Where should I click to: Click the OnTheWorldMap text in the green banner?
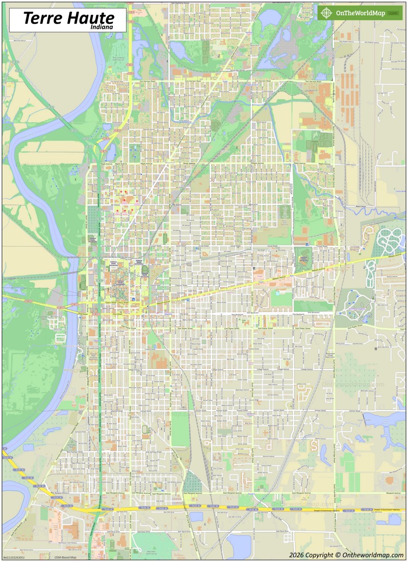click(x=360, y=13)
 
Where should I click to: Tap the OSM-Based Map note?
click(x=65, y=557)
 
